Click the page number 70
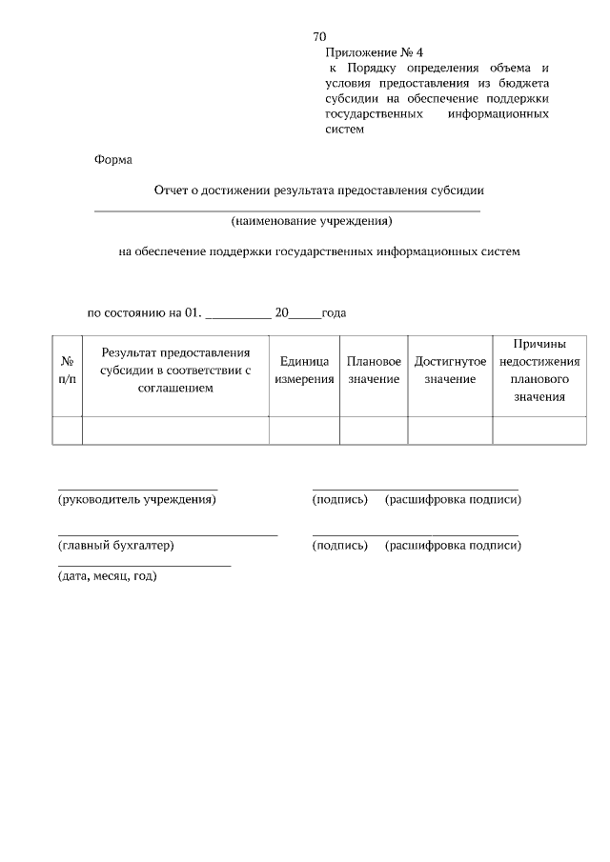click(x=320, y=36)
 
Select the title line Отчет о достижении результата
click(x=320, y=190)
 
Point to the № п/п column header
click(x=67, y=371)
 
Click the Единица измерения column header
click(x=304, y=371)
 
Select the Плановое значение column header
click(x=374, y=371)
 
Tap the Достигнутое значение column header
click(x=450, y=371)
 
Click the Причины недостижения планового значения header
click(x=539, y=371)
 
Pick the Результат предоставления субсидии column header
click(x=175, y=371)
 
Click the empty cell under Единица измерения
click(x=304, y=431)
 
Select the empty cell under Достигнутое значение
click(x=450, y=431)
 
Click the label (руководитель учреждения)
click(x=137, y=499)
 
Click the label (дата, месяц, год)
click(x=107, y=576)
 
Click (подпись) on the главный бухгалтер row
click(x=339, y=546)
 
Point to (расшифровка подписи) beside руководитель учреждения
click(x=453, y=499)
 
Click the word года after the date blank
click(x=334, y=312)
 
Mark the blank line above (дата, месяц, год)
click(x=144, y=567)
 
